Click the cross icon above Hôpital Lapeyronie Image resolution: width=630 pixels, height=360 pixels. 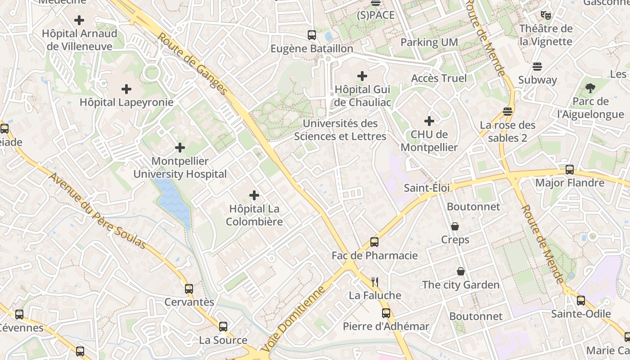(x=126, y=89)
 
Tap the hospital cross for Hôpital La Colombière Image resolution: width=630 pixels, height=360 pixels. (x=254, y=195)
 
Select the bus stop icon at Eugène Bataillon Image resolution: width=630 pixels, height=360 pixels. (x=311, y=35)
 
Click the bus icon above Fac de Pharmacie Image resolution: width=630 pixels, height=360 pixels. (x=374, y=242)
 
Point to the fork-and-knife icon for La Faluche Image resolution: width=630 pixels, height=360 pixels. (x=374, y=282)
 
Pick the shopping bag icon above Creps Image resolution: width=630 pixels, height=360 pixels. (x=455, y=226)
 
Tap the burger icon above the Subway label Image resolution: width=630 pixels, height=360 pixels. (x=537, y=67)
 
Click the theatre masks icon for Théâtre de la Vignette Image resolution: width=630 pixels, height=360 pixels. (x=546, y=15)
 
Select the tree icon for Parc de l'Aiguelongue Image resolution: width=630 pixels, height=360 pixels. (x=590, y=88)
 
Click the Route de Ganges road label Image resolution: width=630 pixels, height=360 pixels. (x=193, y=63)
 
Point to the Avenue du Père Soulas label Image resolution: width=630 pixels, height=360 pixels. (x=98, y=211)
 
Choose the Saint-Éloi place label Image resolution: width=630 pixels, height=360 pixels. (x=427, y=188)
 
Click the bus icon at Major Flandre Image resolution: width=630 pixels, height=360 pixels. (x=570, y=170)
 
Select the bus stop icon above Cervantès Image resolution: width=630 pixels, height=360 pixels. (x=189, y=289)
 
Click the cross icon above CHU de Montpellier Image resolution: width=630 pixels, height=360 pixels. (x=429, y=121)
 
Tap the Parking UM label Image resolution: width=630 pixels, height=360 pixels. (x=429, y=42)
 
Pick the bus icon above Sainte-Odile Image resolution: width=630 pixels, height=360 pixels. (x=581, y=301)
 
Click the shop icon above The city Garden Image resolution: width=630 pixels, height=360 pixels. (x=461, y=271)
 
